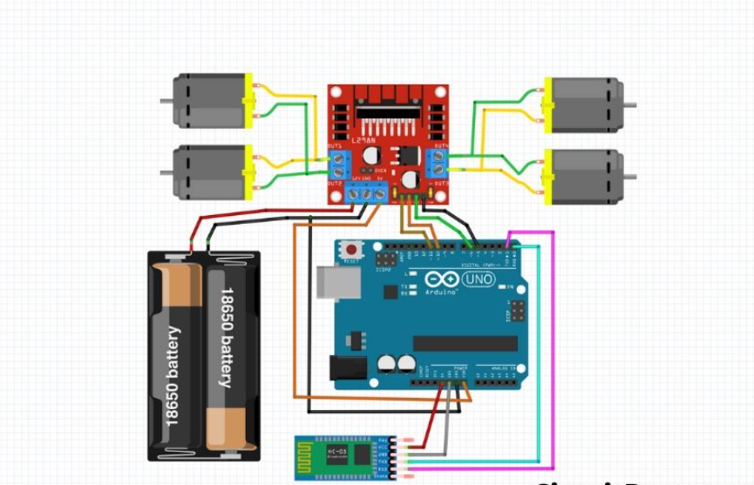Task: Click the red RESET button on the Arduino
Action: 353,249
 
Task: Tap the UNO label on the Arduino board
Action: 478,280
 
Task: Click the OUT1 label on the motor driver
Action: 335,145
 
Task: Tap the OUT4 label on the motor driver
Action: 440,145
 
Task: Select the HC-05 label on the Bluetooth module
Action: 337,449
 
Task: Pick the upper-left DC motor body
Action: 208,100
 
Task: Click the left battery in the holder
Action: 178,357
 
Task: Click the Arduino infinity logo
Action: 441,280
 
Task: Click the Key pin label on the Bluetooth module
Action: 383,440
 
